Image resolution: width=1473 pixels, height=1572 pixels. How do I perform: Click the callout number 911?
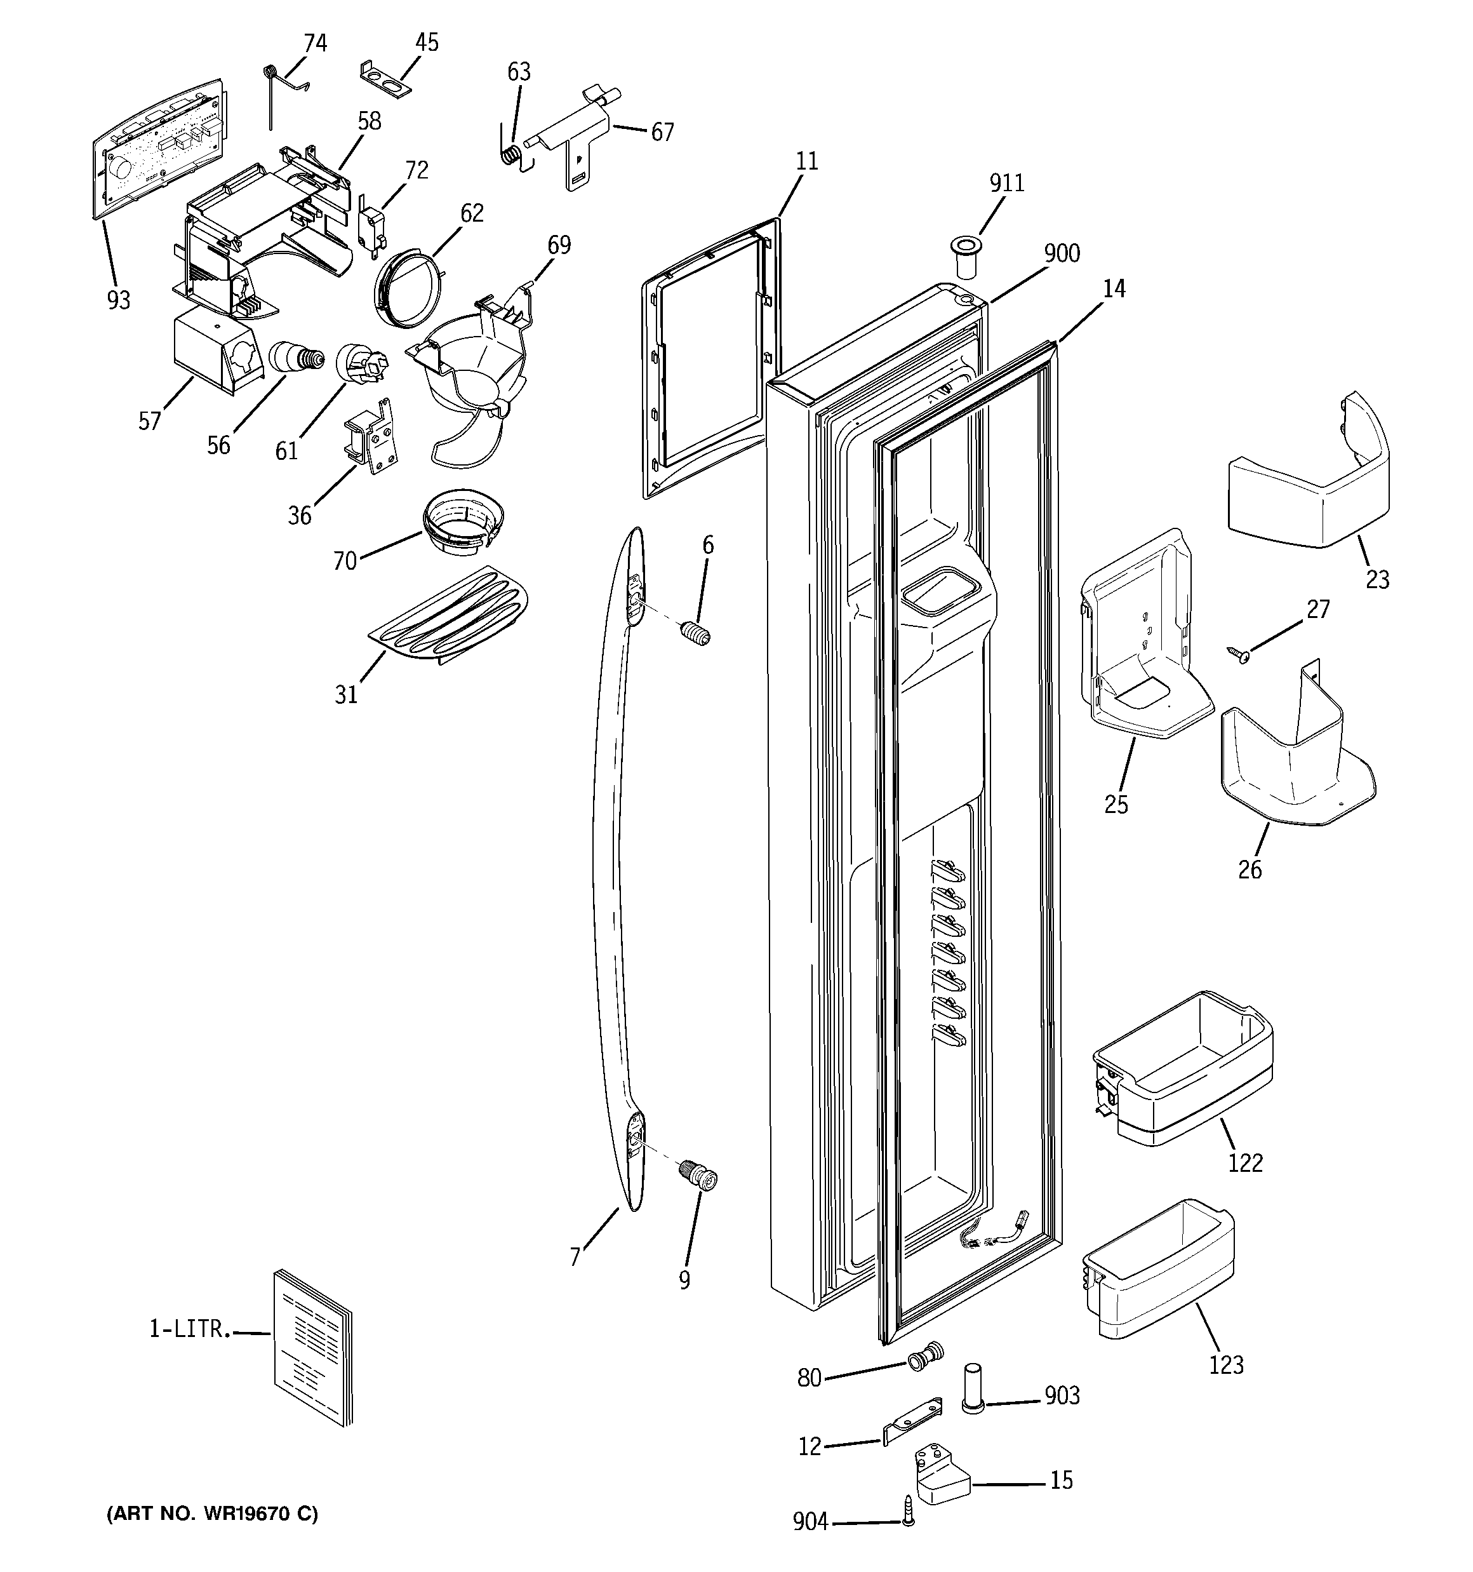(x=1006, y=184)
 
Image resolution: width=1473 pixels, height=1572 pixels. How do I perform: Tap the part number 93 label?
(x=119, y=300)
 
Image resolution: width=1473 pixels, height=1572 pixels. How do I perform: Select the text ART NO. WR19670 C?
(x=212, y=1514)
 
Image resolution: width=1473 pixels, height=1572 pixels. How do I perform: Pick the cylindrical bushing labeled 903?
(x=973, y=1388)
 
